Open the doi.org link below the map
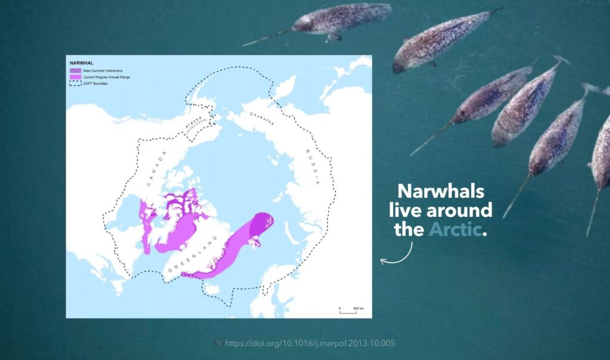coord(310,343)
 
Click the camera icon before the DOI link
coord(218,343)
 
